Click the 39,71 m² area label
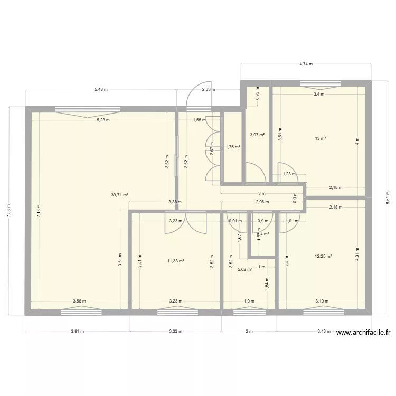click(120, 195)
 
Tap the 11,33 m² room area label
click(175, 261)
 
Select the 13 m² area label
click(320, 139)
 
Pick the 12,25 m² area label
click(323, 257)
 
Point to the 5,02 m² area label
click(245, 269)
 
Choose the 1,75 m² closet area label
click(232, 147)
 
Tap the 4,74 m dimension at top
click(306, 64)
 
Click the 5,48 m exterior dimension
click(101, 90)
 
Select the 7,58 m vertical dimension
click(8, 210)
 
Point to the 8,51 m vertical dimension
click(388, 201)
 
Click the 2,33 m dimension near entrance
click(209, 90)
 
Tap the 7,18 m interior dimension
click(38, 209)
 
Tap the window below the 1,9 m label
click(248, 312)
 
